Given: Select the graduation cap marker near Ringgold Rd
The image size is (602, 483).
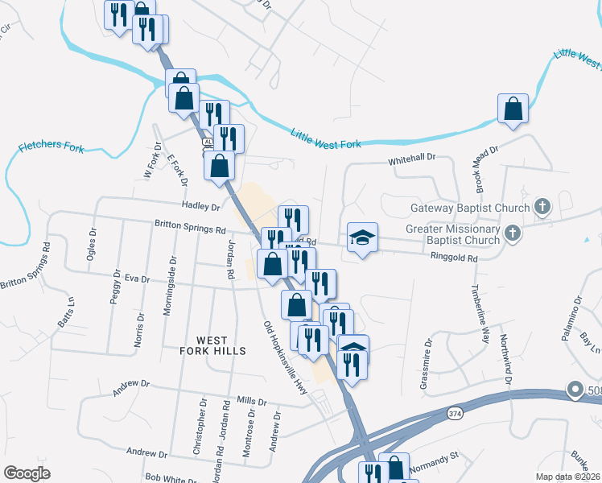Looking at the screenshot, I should [362, 237].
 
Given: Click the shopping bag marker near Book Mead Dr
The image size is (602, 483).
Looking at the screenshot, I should [513, 109].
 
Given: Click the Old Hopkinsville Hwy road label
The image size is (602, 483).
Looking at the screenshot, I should [287, 357].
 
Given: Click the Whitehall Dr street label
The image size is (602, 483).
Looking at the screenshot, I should [411, 160].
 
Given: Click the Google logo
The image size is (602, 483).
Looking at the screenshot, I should [27, 473].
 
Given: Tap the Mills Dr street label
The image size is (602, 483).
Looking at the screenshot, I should [252, 400].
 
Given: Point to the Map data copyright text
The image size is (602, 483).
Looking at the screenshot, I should [568, 477].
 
